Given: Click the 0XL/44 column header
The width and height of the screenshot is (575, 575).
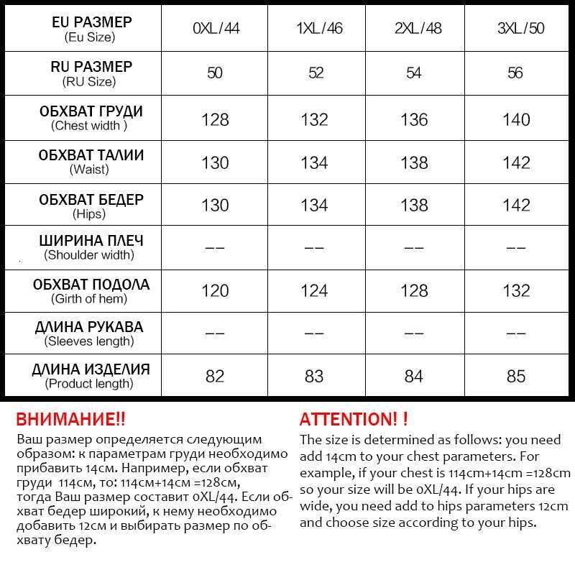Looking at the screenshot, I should pos(215,29).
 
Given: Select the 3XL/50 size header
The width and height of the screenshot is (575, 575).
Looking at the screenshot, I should pos(516,29).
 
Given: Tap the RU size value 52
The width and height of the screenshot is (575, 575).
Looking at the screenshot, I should pos(315,73).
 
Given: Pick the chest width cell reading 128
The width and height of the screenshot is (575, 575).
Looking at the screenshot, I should pos(215,119).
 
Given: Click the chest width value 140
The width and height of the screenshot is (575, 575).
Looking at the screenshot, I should pos(516,119).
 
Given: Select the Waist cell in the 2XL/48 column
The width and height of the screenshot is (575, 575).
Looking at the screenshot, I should pos(415,162).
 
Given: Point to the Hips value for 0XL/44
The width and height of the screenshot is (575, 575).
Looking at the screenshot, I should pos(215,206).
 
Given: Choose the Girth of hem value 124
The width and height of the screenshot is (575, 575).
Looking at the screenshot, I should pos(315,291).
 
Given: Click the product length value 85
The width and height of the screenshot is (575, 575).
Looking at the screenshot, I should pos(516,376).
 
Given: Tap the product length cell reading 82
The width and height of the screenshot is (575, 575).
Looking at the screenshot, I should pos(215,376).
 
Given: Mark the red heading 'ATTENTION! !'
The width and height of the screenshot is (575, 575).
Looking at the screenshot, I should pos(354,419).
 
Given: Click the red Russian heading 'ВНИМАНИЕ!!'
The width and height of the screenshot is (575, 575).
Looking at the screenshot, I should pos(70,419).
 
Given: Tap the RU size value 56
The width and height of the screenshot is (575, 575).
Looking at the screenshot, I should pos(516,73).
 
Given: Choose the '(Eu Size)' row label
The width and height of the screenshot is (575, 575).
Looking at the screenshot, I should pos(89,37).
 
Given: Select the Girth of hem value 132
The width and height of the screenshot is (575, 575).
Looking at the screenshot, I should pos(516,291).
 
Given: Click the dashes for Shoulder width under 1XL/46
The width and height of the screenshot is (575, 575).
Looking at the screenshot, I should pos(315,248).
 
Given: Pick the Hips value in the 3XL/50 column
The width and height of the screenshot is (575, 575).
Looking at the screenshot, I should pos(516,206).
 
